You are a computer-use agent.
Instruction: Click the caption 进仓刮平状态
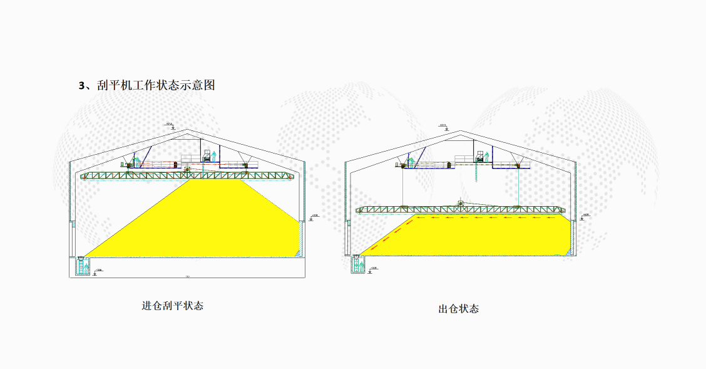[173, 306]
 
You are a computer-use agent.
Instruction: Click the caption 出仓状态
[458, 308]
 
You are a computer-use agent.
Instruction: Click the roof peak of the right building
[462, 132]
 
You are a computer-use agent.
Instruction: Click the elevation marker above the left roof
[169, 125]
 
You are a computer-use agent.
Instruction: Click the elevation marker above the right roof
[443, 126]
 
